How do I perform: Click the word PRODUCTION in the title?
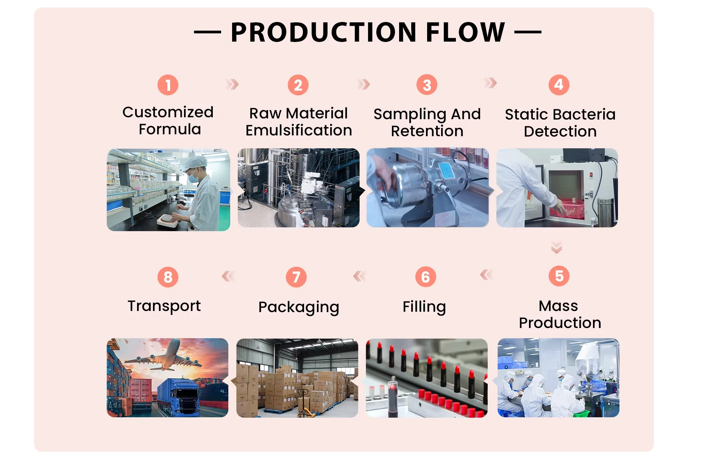pyautogui.click(x=324, y=32)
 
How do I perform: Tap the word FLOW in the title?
pyautogui.click(x=465, y=32)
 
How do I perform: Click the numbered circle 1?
pyautogui.click(x=168, y=85)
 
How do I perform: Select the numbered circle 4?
pyautogui.click(x=559, y=85)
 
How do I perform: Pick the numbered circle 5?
pyautogui.click(x=559, y=276)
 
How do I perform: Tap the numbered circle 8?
pyautogui.click(x=168, y=277)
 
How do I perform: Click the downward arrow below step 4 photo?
pyautogui.click(x=556, y=247)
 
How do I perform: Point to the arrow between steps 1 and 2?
pyautogui.click(x=232, y=84)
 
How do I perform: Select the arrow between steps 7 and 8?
pyautogui.click(x=228, y=276)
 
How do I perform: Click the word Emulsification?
pyautogui.click(x=299, y=131)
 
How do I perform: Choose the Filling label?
pyautogui.click(x=424, y=307)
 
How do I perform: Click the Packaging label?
pyautogui.click(x=299, y=308)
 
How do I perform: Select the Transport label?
pyautogui.click(x=164, y=306)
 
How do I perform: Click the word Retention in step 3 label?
pyautogui.click(x=427, y=131)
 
